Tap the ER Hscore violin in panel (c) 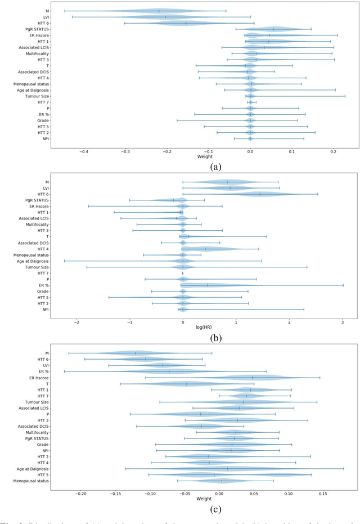pos(253,378)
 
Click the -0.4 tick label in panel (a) pos(84,151)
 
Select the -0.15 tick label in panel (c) pos(116,493)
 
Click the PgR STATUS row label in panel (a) pos(34,29)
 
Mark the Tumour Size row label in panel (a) pos(35,96)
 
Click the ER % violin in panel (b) pos(208,285)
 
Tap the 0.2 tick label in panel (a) pos(333,151)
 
